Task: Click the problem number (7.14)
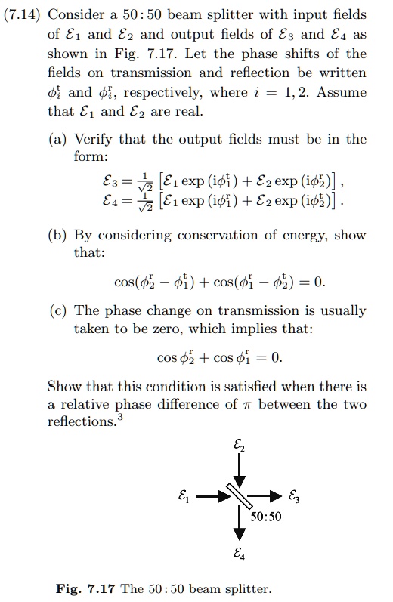tap(23, 15)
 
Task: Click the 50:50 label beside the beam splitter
tap(265, 517)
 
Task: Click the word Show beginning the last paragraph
tap(65, 387)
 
